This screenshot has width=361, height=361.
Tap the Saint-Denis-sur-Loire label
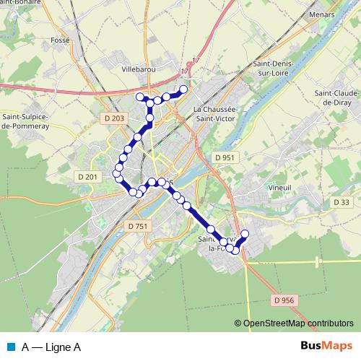pos(271,69)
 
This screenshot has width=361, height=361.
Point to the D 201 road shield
pos(87,176)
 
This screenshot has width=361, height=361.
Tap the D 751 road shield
pos(136,226)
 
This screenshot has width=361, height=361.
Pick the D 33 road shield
pos(342,203)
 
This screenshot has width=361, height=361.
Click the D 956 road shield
pos(285,299)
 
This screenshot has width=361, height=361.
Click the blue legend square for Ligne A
pos(11,347)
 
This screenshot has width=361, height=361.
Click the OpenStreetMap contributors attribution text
pos(297,323)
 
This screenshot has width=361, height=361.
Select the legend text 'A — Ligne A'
pos(51,347)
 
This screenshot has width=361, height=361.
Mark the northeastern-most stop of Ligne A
pos(183,90)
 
